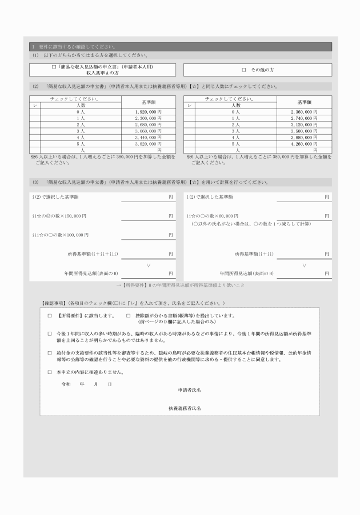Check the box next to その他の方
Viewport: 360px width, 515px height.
coord(244,70)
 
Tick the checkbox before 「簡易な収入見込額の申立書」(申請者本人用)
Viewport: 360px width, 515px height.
coord(53,67)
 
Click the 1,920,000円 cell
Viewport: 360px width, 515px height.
coord(149,112)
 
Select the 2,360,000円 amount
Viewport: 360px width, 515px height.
coord(304,112)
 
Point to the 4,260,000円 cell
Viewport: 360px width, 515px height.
coord(304,144)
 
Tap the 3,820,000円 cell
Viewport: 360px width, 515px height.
coord(149,144)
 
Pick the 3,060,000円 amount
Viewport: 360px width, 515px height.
coord(149,131)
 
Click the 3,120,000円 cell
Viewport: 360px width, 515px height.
coord(304,124)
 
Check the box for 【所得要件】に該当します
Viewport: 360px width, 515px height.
coord(49,315)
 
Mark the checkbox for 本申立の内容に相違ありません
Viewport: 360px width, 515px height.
coord(49,372)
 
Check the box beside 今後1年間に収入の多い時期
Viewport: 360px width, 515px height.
coord(49,333)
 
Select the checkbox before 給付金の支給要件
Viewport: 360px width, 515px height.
coord(49,353)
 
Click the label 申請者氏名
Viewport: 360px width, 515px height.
coord(189,390)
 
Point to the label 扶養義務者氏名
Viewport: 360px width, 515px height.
coord(184,409)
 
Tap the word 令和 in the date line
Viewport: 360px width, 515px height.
coord(66,384)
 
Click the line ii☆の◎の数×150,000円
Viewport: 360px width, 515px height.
coord(59,216)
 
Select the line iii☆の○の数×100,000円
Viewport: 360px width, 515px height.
coord(61,235)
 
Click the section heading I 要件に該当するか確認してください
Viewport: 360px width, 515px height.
coord(74,47)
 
